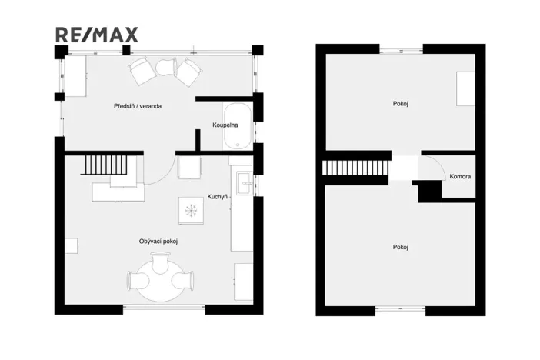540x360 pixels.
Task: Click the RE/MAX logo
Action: point(97,35)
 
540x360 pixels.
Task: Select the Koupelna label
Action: point(225,125)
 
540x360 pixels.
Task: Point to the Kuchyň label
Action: point(218,197)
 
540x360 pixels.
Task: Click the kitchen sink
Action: point(244,183)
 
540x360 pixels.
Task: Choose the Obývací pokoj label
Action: point(158,242)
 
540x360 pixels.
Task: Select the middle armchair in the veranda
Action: point(166,68)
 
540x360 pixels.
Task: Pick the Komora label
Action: point(460,177)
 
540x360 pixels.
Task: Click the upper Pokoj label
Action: point(400,102)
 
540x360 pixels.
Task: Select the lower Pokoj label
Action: point(400,247)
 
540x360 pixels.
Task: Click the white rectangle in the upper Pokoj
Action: point(465,88)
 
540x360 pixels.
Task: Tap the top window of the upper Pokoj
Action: point(400,50)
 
